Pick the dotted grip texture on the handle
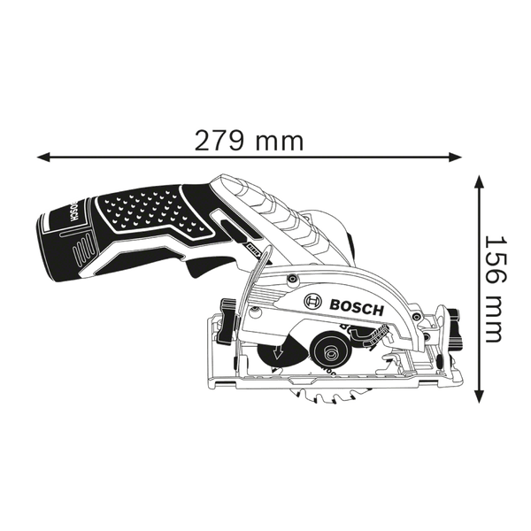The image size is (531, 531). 142,208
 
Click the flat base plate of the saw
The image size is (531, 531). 336,383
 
